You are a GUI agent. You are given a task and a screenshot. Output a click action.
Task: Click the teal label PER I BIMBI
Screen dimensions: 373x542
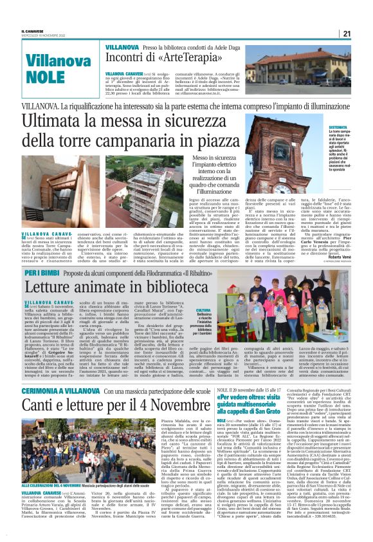point(42,274)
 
